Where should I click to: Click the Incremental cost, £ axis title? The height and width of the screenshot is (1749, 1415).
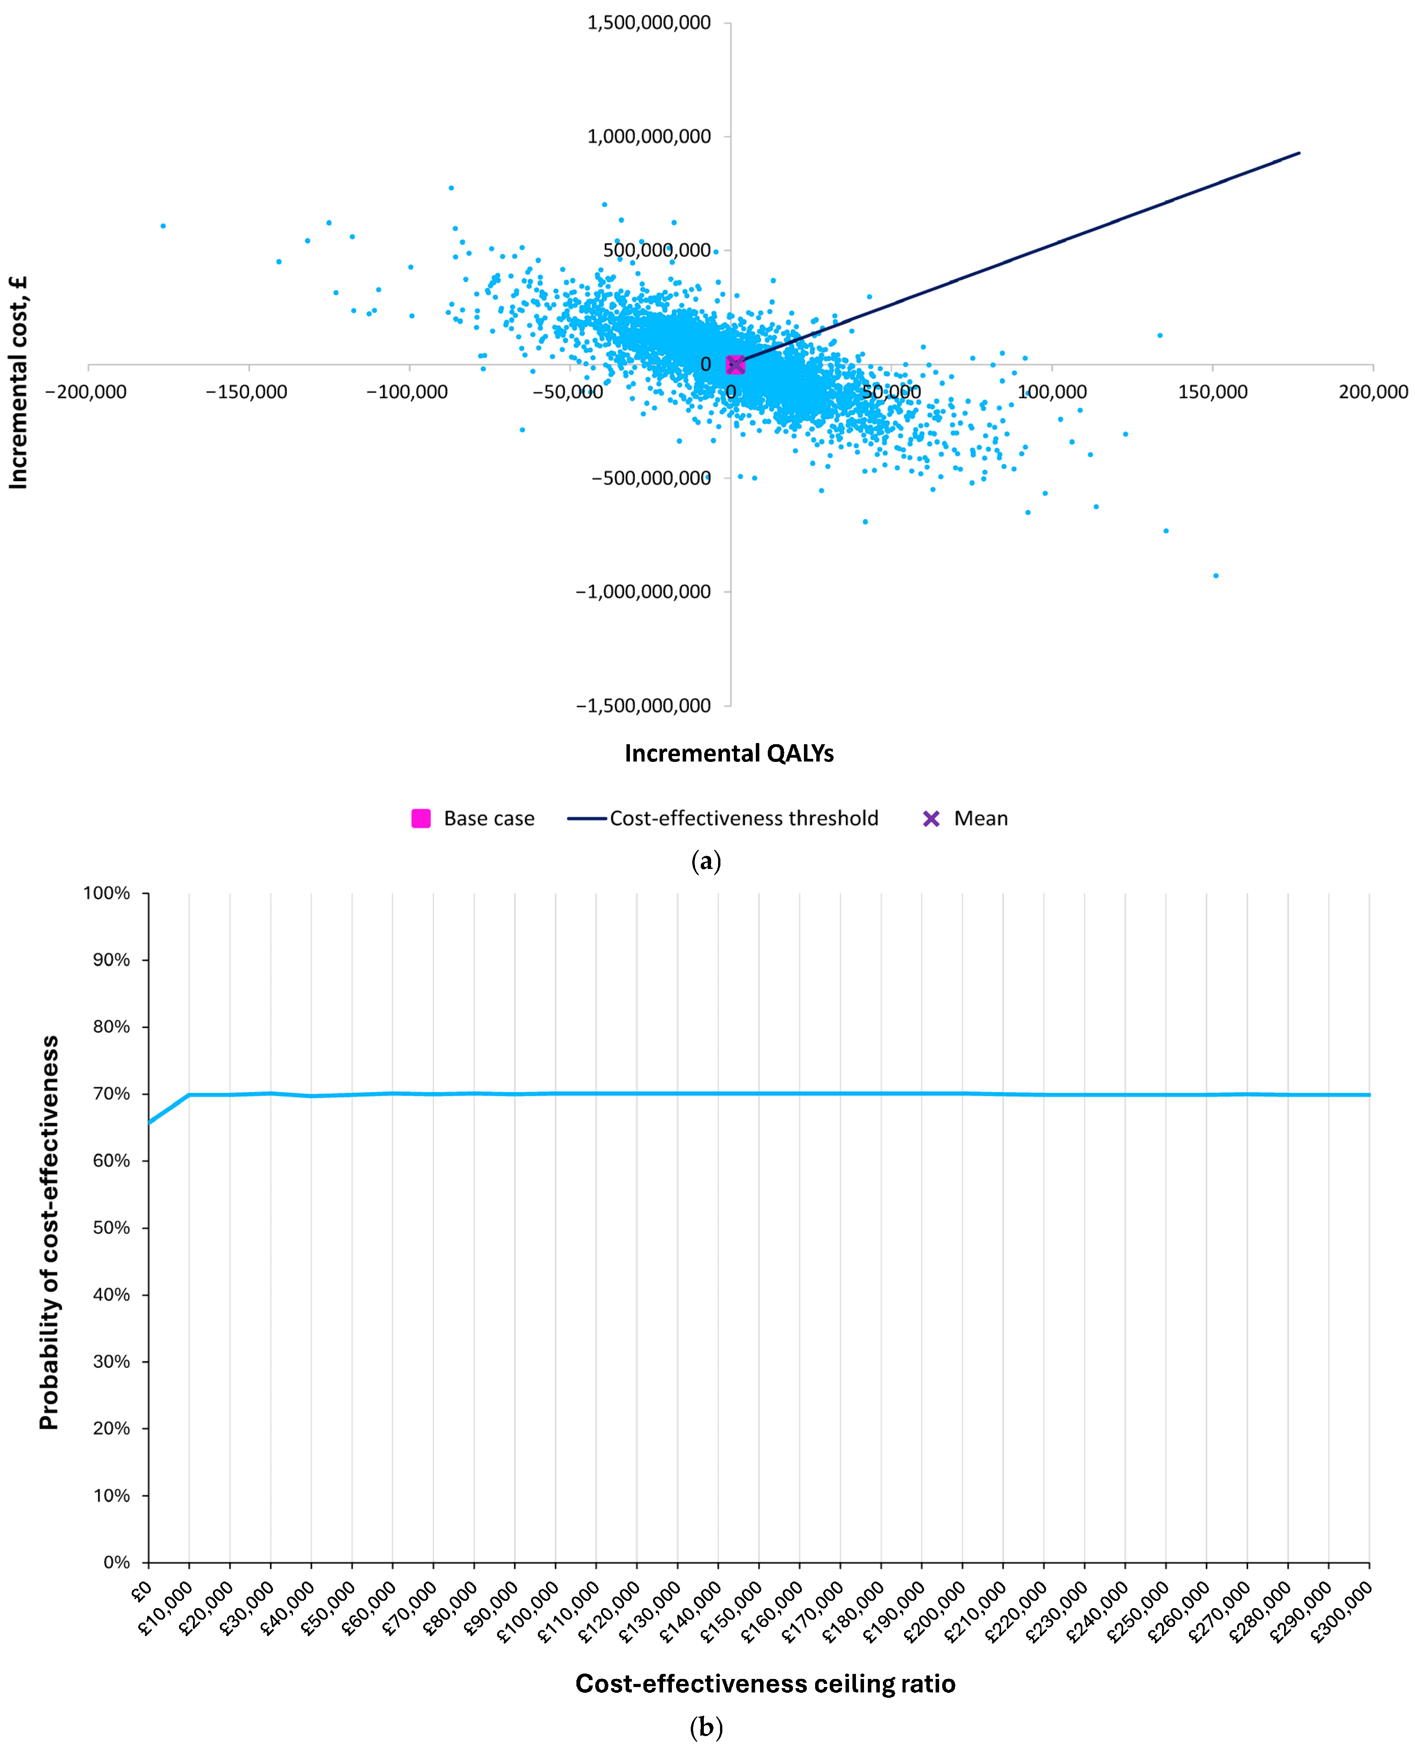point(18,383)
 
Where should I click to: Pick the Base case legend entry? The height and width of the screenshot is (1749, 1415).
point(473,818)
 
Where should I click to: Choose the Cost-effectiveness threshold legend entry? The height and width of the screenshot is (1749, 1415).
point(724,818)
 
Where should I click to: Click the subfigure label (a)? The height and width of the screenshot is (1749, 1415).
point(706,862)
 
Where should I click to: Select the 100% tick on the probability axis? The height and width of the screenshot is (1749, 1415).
point(107,893)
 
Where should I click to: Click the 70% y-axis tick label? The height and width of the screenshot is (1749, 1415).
point(111,1094)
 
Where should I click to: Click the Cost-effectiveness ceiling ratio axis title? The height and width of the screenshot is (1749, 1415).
point(765,1684)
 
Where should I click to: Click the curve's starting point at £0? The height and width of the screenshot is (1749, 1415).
point(148,1123)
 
